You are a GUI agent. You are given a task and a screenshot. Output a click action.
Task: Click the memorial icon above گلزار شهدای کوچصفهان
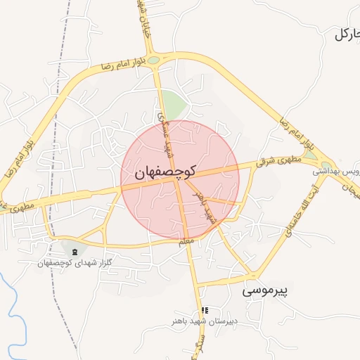click(75, 251)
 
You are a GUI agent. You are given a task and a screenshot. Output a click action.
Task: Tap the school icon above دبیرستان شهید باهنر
click(205, 310)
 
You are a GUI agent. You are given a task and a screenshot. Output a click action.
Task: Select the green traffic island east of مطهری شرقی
click(310, 154)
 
